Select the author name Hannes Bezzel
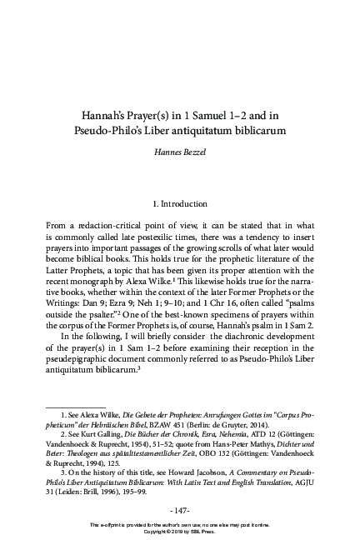(x=180, y=154)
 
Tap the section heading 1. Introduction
(x=180, y=202)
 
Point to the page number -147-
(x=180, y=509)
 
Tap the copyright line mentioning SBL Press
(x=180, y=533)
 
